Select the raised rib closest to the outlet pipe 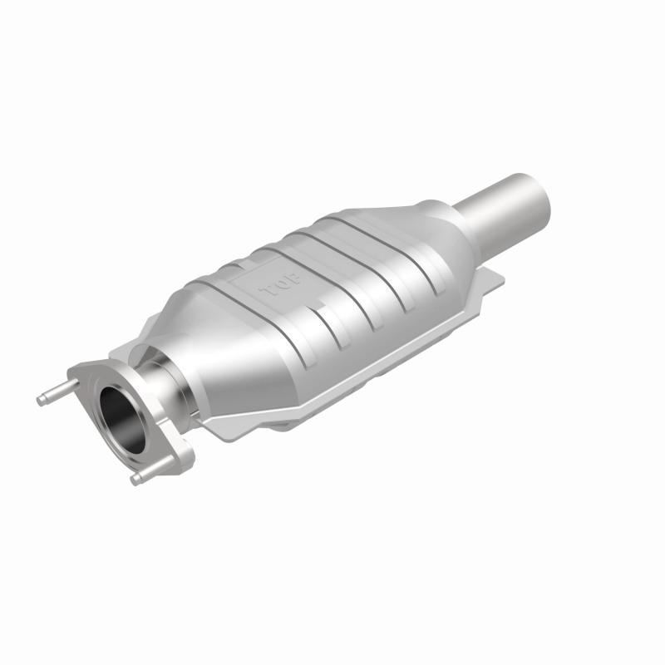(391, 249)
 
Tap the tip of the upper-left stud (40, 400)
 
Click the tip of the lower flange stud (135, 480)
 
